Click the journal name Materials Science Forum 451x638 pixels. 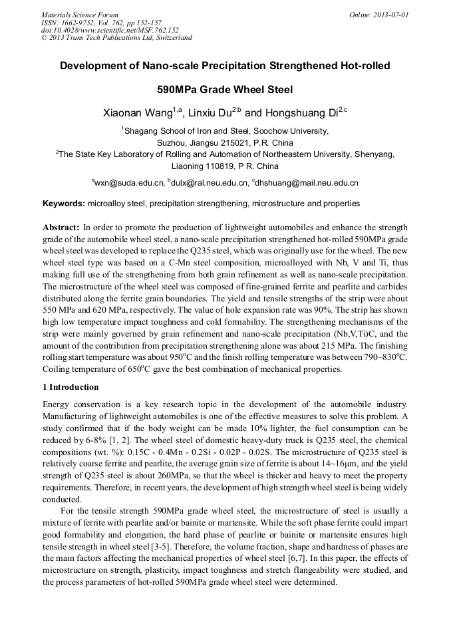coord(80,15)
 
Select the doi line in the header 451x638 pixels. coord(110,30)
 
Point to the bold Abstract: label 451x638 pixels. coord(61,227)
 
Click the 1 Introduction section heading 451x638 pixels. coord(71,387)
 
